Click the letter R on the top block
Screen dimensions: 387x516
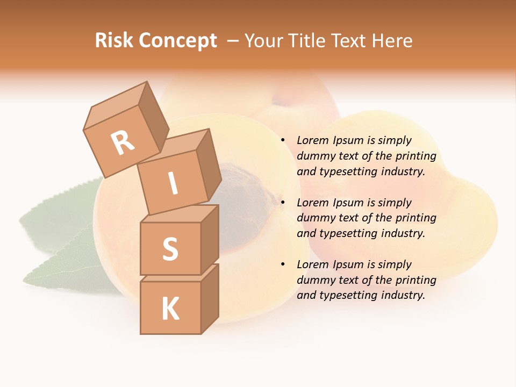click(x=123, y=143)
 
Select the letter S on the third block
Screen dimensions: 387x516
click(x=170, y=249)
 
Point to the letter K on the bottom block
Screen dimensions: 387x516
click(x=170, y=309)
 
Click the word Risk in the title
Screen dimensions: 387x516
click(x=113, y=40)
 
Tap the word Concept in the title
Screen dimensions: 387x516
click(x=177, y=41)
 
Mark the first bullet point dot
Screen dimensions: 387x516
click(x=283, y=141)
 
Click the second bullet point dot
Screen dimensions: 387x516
click(x=283, y=203)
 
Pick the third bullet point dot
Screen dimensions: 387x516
click(x=283, y=265)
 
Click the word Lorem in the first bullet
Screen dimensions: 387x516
click(x=312, y=140)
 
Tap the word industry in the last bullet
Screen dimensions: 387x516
click(x=403, y=295)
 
